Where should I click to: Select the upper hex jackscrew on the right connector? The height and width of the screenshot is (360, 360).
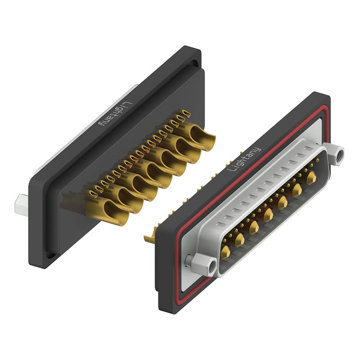pos(336,154)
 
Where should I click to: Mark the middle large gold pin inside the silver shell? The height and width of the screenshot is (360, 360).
pos(269,211)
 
